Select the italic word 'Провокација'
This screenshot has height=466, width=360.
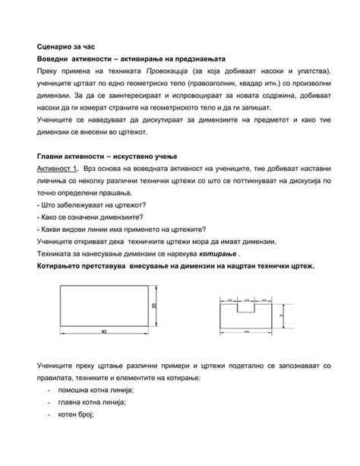click(168, 71)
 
